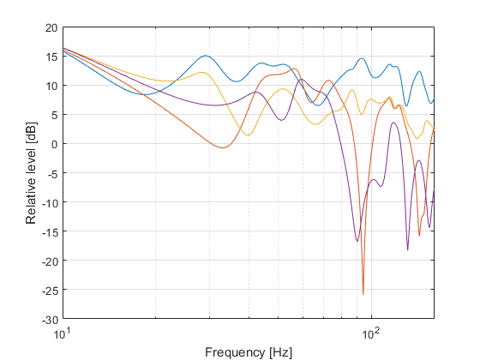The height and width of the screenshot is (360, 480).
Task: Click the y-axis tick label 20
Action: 52,27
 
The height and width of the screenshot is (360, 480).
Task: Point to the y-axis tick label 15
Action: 52,57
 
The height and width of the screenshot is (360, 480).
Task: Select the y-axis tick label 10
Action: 52,86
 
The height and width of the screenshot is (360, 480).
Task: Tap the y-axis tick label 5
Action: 55,115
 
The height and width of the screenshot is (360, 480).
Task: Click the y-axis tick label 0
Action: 55,144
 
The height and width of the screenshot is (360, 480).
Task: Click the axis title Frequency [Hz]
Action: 248,351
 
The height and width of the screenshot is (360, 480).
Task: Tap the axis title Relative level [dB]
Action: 32,173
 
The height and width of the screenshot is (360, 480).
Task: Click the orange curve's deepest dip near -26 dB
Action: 363,294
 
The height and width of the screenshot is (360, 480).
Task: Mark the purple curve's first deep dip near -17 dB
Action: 357,241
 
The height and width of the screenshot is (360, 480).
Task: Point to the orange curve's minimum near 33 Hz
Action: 222,148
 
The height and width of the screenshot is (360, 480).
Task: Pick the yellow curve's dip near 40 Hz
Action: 248,135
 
